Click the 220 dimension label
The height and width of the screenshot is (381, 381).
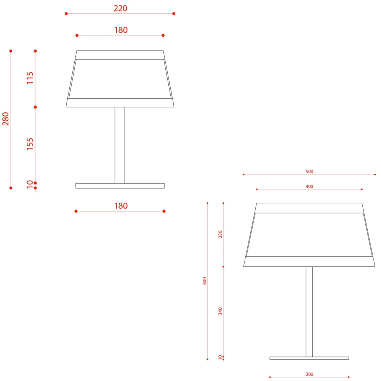click(x=120, y=8)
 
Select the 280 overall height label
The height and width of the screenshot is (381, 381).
click(x=5, y=119)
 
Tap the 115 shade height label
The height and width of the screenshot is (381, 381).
click(x=30, y=78)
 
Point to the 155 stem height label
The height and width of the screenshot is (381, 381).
click(x=30, y=144)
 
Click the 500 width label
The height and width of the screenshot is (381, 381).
click(x=309, y=171)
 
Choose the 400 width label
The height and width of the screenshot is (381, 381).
click(x=309, y=186)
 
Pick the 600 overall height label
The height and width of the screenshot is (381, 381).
click(x=205, y=281)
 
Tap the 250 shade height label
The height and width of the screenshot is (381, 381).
click(x=220, y=234)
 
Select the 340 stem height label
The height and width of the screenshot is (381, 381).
click(x=220, y=311)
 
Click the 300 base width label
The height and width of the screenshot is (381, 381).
click(x=309, y=374)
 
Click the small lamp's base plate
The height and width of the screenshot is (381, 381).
click(x=120, y=186)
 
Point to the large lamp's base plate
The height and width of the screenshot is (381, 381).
click(x=309, y=358)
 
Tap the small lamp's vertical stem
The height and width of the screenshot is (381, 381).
click(x=120, y=145)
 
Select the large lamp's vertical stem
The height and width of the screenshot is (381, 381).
click(x=309, y=312)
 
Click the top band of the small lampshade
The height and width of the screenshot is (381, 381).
click(x=120, y=55)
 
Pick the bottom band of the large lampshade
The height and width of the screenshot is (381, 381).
click(x=309, y=261)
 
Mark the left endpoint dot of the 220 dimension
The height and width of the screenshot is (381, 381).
click(x=66, y=14)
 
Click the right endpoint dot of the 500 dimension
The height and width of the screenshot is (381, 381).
click(x=375, y=174)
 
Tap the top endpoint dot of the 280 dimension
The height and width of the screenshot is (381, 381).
click(x=11, y=51)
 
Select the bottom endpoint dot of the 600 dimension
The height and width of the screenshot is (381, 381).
click(x=207, y=359)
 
